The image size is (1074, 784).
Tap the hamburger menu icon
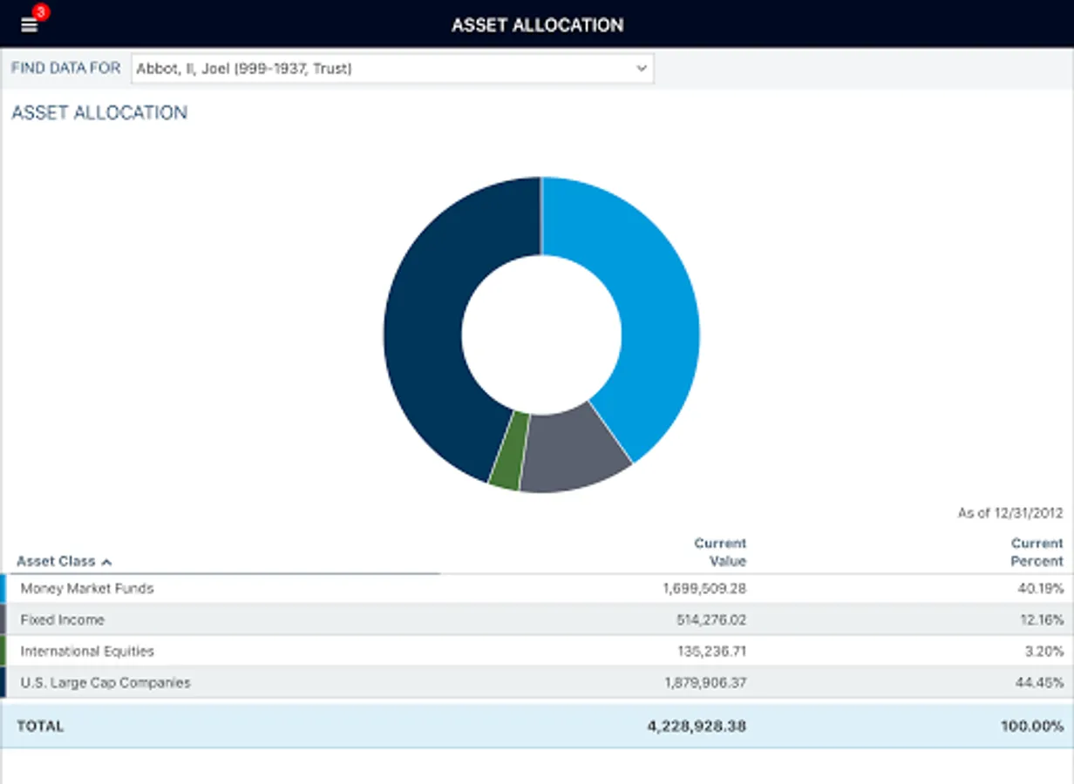coord(29,25)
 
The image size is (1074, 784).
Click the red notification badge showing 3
coord(40,12)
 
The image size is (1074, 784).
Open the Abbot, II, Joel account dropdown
coord(391,68)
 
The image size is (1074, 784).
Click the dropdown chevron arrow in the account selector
coord(642,68)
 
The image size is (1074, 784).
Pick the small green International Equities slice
coord(509,450)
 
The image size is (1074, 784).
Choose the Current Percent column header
coord(1037,552)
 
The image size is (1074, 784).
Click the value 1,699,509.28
coord(704,589)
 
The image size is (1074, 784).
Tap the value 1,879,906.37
coord(704,683)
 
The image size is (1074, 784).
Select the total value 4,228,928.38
coord(697,727)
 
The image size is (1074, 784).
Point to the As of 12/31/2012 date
coord(1010,513)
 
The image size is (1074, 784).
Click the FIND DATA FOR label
coord(65,68)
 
